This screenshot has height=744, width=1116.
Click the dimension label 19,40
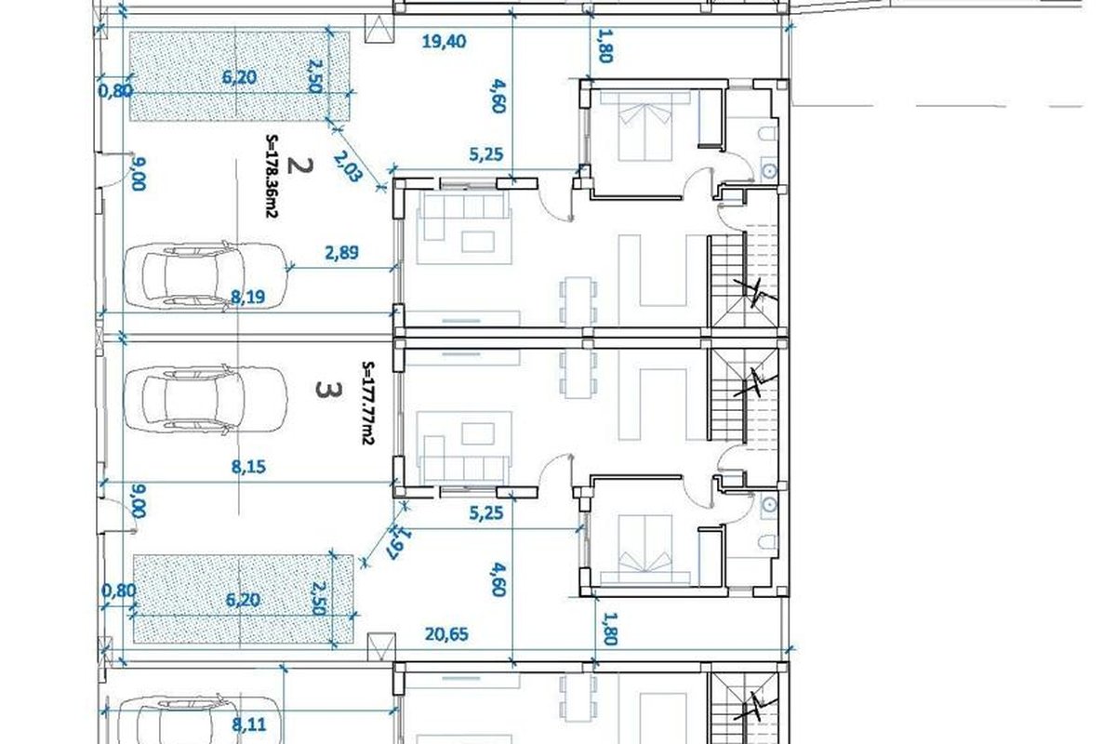click(x=444, y=41)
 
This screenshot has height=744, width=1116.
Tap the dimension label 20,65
click(x=446, y=634)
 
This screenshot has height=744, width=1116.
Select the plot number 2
click(x=300, y=166)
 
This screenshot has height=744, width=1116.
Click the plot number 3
click(x=329, y=391)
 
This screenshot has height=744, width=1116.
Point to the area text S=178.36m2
click(x=272, y=176)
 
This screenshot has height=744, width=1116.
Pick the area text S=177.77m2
click(x=368, y=403)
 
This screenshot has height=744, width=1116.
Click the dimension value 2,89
click(x=341, y=253)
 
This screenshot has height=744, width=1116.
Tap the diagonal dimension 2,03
click(x=347, y=166)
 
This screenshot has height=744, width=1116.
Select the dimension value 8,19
click(x=248, y=298)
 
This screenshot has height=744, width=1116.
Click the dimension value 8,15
click(x=248, y=467)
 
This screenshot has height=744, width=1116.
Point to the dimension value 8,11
click(x=248, y=724)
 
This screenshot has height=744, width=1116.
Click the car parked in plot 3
click(x=206, y=398)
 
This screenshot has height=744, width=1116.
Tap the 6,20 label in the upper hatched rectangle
click(x=240, y=77)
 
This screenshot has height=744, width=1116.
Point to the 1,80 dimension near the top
click(x=604, y=46)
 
